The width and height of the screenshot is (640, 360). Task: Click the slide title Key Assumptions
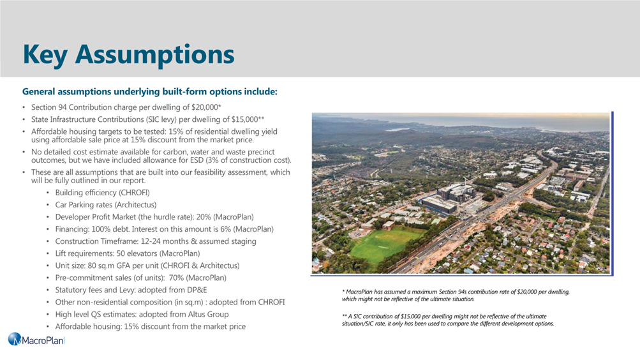point(128,55)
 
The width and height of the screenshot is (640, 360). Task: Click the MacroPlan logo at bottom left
point(36,340)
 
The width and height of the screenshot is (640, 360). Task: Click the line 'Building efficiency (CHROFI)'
point(103,193)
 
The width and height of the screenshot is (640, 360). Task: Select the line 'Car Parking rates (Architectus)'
point(106,205)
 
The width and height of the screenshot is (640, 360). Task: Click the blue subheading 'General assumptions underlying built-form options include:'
point(150,91)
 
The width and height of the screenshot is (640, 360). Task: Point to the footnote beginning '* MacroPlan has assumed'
point(456,296)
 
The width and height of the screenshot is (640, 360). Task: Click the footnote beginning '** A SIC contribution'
point(448,320)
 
